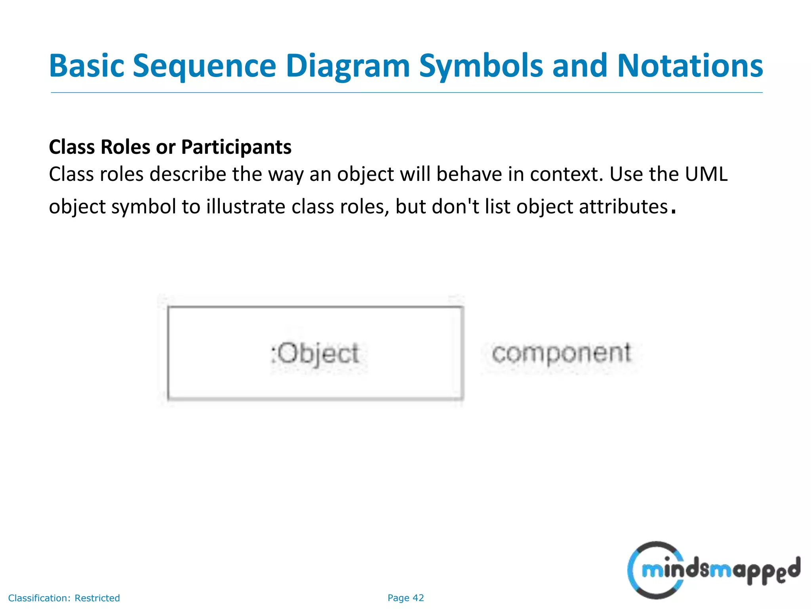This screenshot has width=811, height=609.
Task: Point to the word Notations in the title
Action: (690, 66)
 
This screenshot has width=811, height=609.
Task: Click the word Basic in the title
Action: (86, 66)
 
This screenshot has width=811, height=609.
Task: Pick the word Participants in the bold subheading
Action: (236, 147)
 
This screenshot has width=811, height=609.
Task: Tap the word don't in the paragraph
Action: (455, 207)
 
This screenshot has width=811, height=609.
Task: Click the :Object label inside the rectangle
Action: (315, 353)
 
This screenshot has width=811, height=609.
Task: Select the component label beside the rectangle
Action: (561, 353)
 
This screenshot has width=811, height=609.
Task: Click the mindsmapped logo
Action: (713, 570)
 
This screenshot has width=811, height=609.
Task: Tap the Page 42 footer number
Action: (405, 598)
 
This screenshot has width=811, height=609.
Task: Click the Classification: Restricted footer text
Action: (64, 598)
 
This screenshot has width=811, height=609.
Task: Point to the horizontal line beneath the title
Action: (406, 93)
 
